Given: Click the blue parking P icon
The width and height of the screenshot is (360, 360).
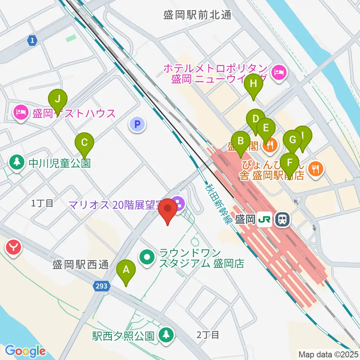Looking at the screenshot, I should (138, 124).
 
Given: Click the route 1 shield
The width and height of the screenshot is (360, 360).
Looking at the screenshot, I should (33, 40).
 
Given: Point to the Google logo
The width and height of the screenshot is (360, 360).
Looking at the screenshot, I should (25, 351).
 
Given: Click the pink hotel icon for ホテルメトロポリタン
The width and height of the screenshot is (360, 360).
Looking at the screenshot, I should (279, 71).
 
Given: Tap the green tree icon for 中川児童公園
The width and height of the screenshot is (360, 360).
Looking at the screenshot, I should (16, 162).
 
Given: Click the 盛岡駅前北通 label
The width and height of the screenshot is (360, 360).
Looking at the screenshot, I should (198, 15).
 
